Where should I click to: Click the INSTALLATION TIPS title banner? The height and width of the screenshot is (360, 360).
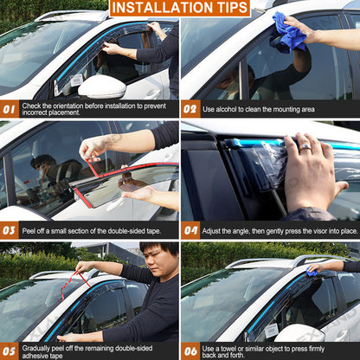pos(180,9)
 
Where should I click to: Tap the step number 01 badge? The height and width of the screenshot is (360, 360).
pos(10,110)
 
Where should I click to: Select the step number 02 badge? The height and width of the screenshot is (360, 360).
pos(190,110)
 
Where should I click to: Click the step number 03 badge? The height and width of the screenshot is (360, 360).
pos(10,230)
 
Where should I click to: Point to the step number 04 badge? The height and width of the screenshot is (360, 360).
pos(190,230)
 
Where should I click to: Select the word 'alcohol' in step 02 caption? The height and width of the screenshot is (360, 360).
pos(231,110)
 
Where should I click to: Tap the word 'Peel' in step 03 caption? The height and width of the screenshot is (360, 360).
pos(30,230)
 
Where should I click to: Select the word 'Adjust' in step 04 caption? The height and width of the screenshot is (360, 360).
pos(215,230)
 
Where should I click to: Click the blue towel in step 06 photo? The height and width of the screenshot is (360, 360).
pos(312,271)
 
